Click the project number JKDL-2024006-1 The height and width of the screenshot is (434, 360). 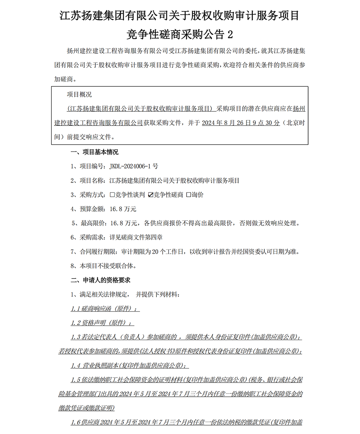(x=130, y=166)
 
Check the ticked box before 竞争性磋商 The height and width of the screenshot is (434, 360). (x=151, y=195)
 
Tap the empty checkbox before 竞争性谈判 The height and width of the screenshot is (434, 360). (x=112, y=195)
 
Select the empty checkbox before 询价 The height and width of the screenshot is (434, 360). (x=189, y=195)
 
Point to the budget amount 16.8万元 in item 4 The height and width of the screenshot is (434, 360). (x=123, y=209)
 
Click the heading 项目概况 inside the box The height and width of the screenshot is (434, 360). (x=79, y=95)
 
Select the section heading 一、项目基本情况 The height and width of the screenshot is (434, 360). (x=95, y=152)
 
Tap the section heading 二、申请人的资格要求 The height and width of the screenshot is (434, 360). (x=100, y=280)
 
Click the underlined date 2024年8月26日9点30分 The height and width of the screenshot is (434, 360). (x=241, y=123)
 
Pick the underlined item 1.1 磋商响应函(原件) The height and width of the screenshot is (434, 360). (x=105, y=309)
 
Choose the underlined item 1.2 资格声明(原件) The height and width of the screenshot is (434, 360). (x=102, y=323)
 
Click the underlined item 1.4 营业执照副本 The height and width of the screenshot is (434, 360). (x=130, y=366)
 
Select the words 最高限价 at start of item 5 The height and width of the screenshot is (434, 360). (x=93, y=223)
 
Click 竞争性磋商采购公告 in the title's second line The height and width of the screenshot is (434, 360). (x=175, y=34)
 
